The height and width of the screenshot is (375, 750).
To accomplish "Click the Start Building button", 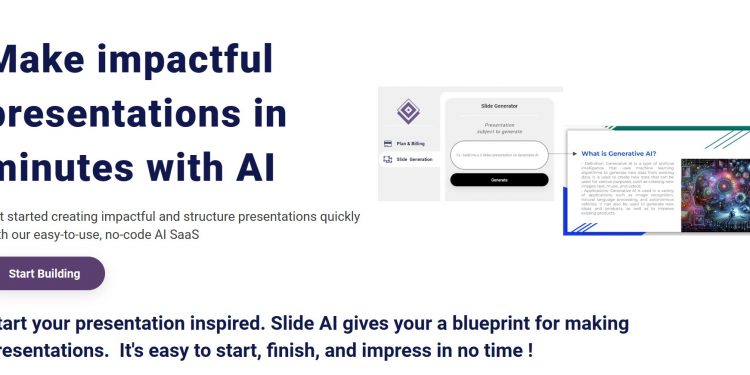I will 46,273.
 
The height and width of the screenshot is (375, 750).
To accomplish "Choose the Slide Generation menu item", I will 414,159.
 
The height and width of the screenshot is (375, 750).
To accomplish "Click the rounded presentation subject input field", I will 499,155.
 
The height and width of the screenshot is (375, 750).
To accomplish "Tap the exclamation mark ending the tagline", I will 529,351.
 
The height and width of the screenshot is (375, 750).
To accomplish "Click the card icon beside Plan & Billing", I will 387,144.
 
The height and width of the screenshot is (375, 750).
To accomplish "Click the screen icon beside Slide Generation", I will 387,159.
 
